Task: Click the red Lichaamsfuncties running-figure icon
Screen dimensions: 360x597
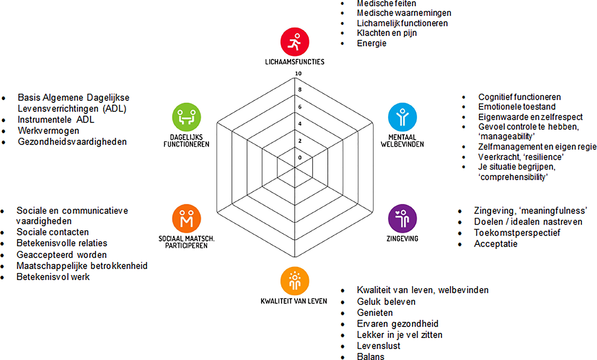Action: tap(295, 42)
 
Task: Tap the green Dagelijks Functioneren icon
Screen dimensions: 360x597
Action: tap(186, 117)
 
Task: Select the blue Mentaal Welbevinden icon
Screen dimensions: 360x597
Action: tap(402, 117)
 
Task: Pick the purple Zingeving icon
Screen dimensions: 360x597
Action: tap(402, 218)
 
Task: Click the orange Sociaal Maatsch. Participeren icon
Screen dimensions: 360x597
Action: tap(186, 218)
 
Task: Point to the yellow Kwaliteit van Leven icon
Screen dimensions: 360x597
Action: tap(295, 281)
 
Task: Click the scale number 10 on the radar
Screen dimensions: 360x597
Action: tap(298, 73)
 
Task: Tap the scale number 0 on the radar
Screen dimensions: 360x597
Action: tap(300, 158)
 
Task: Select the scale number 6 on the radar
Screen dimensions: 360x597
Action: tap(300, 107)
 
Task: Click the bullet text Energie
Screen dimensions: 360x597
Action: tap(371, 43)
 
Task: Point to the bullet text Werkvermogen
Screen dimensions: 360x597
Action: tap(48, 131)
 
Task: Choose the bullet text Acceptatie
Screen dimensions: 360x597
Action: tap(496, 244)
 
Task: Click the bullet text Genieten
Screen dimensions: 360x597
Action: tap(375, 313)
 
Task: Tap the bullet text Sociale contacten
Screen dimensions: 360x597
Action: tap(53, 232)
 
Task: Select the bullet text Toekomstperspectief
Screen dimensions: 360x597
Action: tap(517, 233)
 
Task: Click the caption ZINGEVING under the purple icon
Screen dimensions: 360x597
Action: tap(402, 239)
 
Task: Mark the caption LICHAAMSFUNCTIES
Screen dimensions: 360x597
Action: tap(295, 62)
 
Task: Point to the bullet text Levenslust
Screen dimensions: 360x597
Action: tap(378, 346)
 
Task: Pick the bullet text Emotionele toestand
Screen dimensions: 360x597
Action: tap(517, 107)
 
